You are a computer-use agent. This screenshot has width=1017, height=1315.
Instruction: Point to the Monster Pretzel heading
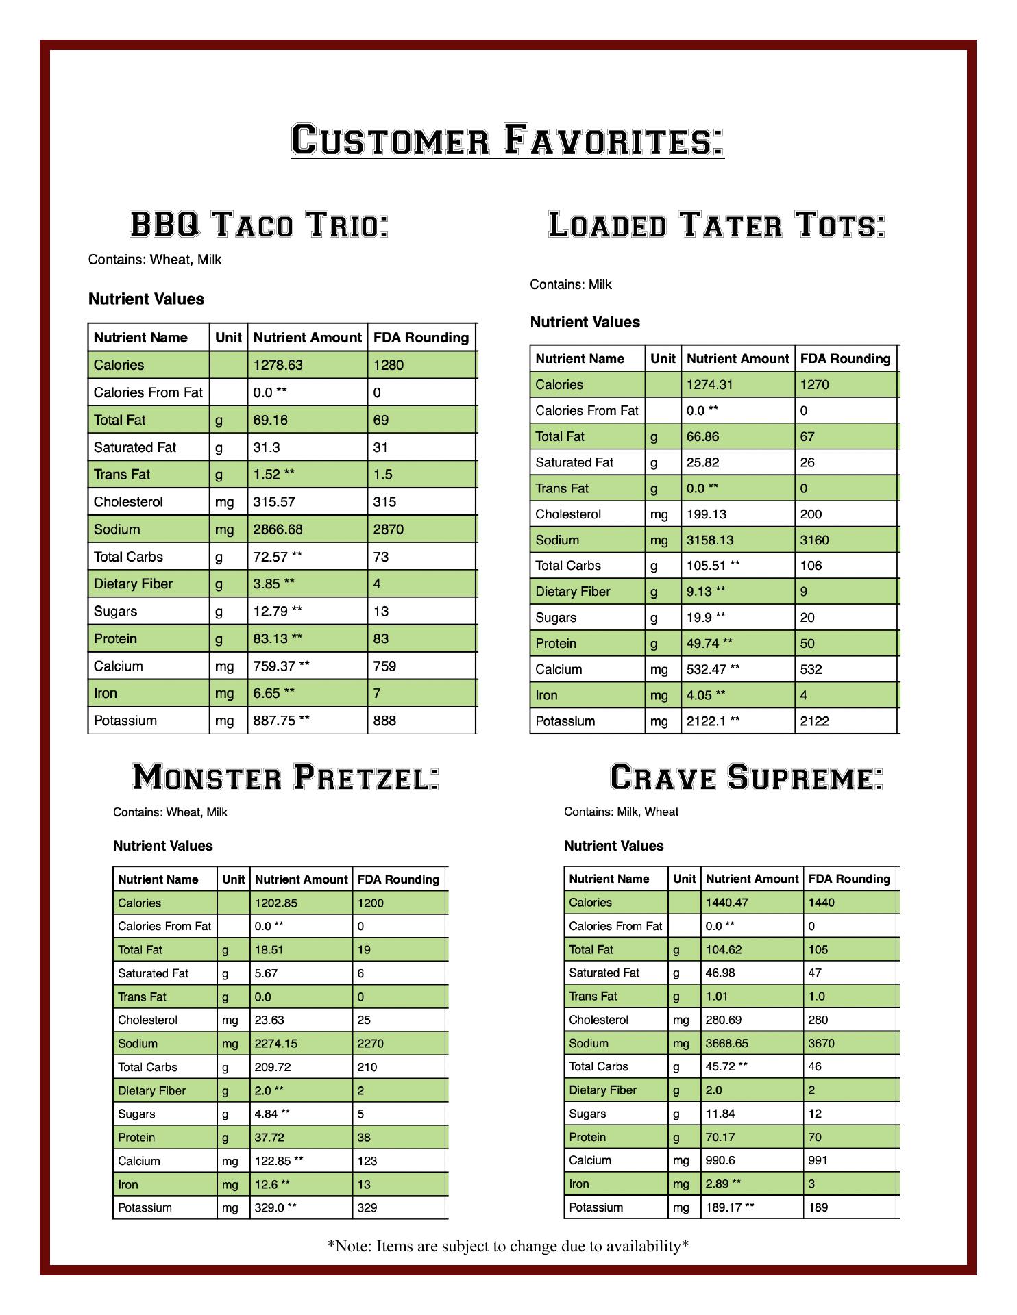pos(285,777)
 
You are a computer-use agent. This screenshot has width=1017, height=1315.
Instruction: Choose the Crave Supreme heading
pos(746,777)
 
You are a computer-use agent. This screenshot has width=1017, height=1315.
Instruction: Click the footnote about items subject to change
pos(508,1246)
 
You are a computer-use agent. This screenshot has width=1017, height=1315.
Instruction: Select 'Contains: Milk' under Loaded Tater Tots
pos(571,285)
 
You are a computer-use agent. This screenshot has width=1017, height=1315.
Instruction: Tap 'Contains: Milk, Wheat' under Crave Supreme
pos(621,812)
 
